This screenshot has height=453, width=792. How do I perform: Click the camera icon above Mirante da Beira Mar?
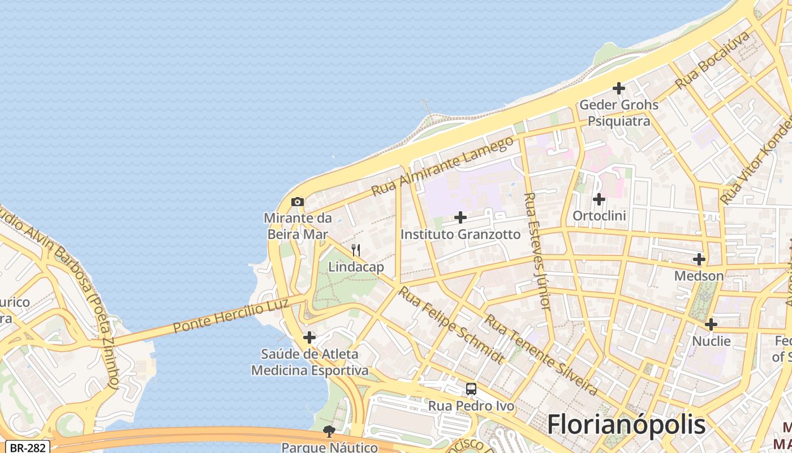pos(297,202)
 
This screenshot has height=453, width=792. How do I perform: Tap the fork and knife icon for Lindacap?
pos(356,250)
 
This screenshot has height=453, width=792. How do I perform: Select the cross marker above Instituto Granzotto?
pos(460,217)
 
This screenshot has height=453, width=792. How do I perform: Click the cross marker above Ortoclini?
pos(599,199)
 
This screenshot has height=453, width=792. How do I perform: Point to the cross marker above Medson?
pos(699,259)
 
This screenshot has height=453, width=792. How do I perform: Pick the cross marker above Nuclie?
pos(711,324)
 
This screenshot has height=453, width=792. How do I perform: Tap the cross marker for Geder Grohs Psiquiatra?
pos(619,88)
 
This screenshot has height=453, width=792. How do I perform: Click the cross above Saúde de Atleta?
pos(309,337)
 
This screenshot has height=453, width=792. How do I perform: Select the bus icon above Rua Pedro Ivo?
pos(471,389)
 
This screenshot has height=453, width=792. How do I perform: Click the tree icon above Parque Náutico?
pos(329,431)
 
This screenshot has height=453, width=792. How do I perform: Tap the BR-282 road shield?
pos(27,447)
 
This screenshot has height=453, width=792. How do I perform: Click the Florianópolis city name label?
pos(626,424)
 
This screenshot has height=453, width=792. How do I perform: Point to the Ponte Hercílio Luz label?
pos(231,315)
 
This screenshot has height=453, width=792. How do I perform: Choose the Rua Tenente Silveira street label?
pos(540,355)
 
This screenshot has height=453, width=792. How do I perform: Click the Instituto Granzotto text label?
pos(460,234)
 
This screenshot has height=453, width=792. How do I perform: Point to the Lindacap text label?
pos(356,267)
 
